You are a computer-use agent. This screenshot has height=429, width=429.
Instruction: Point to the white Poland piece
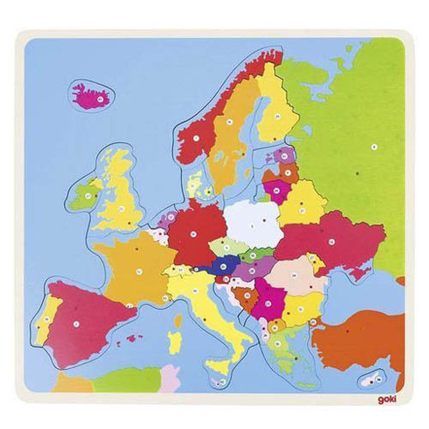click(x=252, y=222)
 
